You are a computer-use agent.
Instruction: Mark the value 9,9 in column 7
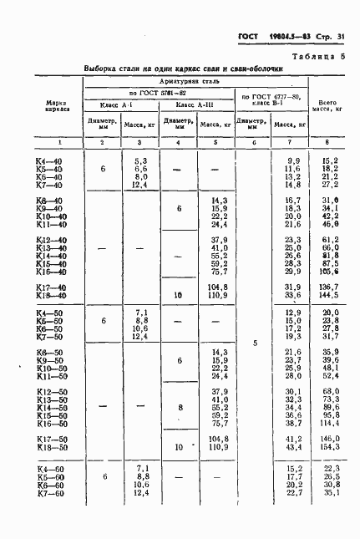coord(292,160)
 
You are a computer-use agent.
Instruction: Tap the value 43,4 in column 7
coord(291,448)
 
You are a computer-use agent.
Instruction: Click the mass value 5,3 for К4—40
coord(140,160)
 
